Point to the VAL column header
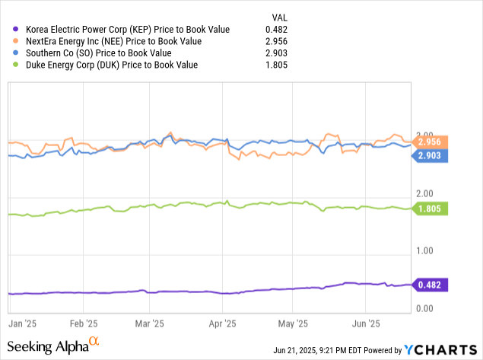tap(280, 17)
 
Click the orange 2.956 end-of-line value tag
tap(434, 141)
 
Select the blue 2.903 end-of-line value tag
tap(434, 155)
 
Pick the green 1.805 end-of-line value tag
tap(434, 209)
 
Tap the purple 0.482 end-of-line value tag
tap(434, 285)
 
